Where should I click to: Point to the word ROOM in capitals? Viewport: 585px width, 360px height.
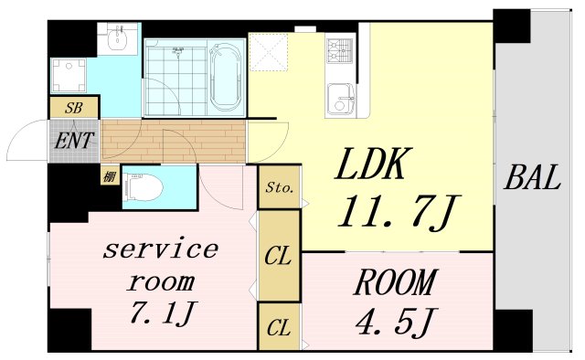pos(395,284)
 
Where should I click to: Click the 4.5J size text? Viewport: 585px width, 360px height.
pos(395,323)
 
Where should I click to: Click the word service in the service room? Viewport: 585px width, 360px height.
pos(162,248)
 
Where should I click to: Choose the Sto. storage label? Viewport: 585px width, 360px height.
pos(279,189)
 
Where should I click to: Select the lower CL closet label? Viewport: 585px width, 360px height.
pos(279,326)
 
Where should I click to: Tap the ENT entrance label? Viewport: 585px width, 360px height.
pos(74,142)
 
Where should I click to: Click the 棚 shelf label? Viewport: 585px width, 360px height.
pos(109,176)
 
